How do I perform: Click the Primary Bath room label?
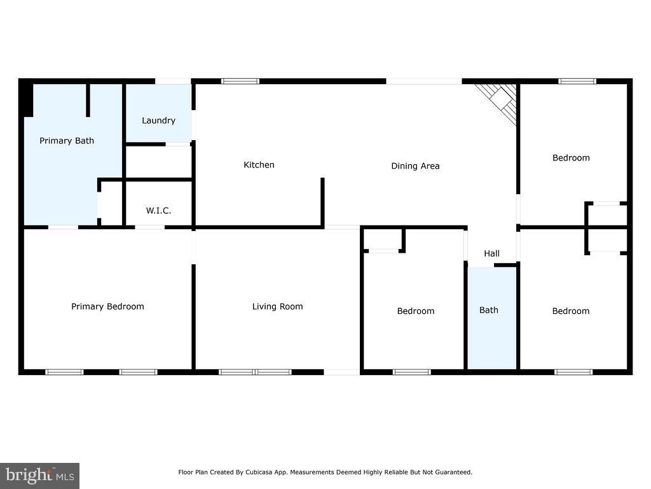coord(66,141)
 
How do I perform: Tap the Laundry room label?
coord(158,120)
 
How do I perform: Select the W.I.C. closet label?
coord(158,210)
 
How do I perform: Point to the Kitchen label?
coord(259,165)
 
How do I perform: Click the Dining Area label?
coord(415,166)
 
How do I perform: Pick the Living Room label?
coord(277,306)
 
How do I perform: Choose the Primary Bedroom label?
coord(107,306)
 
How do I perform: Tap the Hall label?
coord(491,253)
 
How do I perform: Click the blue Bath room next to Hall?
coord(492,318)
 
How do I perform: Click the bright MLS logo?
coord(39,476)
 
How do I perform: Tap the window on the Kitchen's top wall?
coord(240,81)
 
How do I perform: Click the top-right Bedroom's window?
coord(577,81)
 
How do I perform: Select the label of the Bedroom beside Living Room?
coord(416,311)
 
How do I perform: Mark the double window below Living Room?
coord(256,372)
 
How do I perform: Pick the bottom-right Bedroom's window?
coord(573,372)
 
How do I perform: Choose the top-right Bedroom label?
coord(571,158)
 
